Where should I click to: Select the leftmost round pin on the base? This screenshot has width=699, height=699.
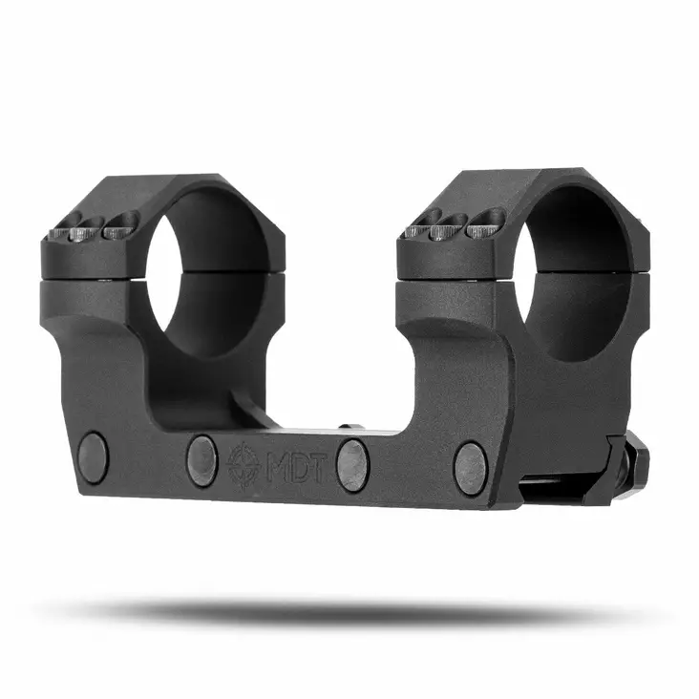point(93,455)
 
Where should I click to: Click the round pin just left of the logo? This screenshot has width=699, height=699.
point(201,459)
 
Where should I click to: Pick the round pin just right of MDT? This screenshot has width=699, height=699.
point(352,464)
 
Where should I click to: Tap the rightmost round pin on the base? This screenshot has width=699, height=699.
point(470,468)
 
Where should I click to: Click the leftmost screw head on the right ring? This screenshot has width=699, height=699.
point(424,227)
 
